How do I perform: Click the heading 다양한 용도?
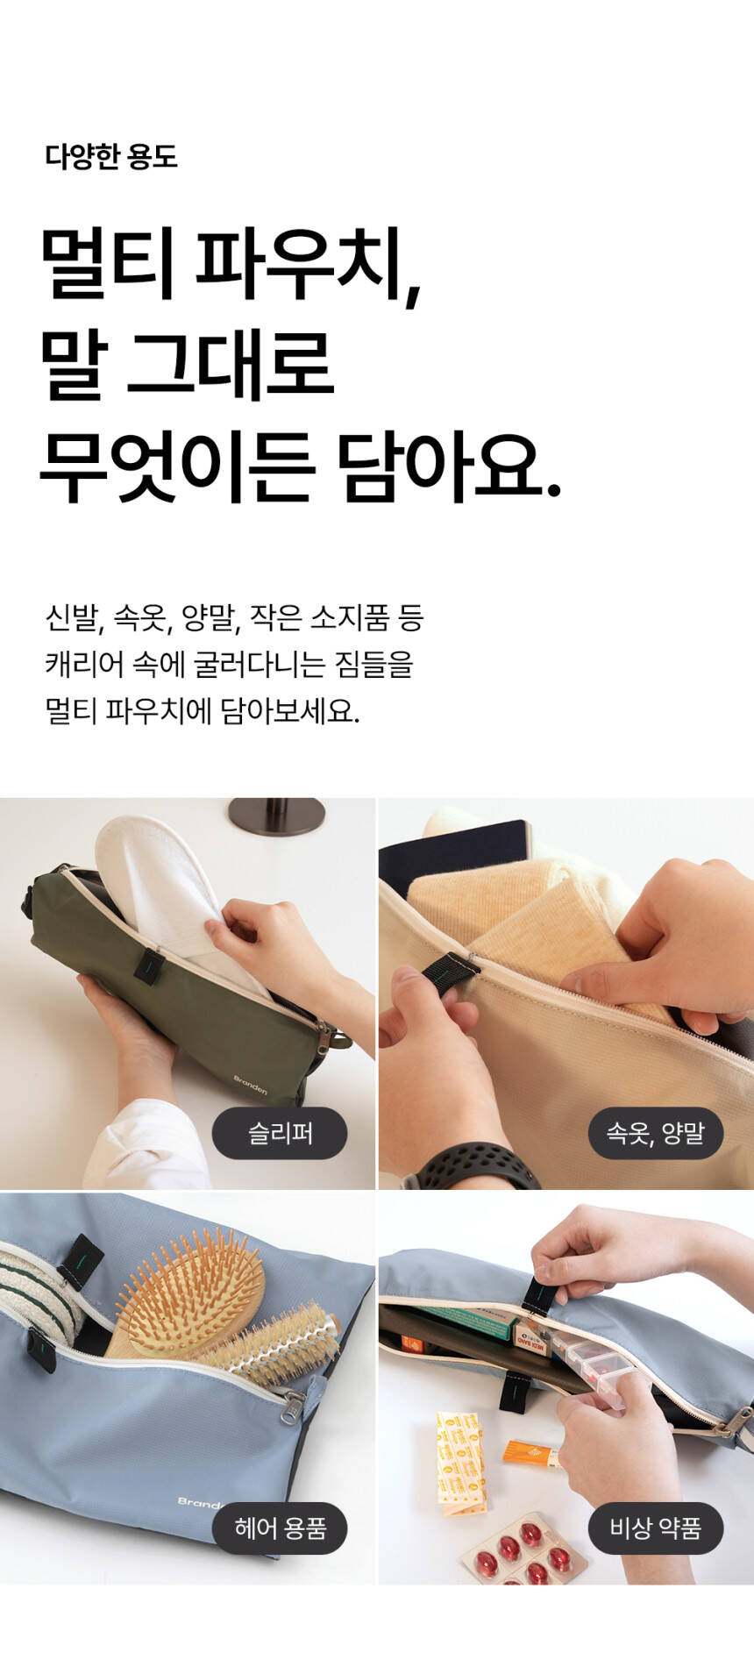coord(111,157)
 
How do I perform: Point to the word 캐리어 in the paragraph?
coord(83,665)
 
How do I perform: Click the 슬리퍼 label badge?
coord(280,1134)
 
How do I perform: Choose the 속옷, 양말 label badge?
coord(656,1134)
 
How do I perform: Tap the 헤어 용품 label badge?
coord(280,1528)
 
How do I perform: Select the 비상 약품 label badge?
coord(656,1528)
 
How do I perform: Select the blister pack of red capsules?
coord(524,1552)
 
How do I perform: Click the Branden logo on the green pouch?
coord(250,1085)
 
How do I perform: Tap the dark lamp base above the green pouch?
coord(276,816)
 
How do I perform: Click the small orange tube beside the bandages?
coord(530,1453)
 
